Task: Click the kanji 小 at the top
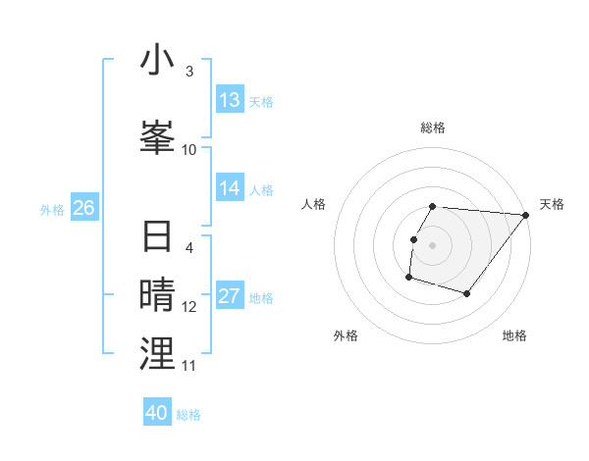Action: pos(157,61)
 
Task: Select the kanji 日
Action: pos(157,238)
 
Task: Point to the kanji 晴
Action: pos(157,293)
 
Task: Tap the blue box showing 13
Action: pos(230,100)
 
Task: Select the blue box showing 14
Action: pos(230,188)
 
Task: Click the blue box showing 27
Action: pos(230,296)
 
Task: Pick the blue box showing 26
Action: pos(83,208)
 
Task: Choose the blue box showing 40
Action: pos(157,413)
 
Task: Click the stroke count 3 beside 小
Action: pos(188,72)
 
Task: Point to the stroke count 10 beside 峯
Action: pos(189,149)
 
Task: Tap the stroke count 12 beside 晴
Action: pos(189,307)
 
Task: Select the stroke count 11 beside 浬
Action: pos(189,365)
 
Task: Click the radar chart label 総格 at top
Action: pos(433,128)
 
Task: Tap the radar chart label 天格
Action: pos(552,204)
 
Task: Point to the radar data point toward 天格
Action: pos(525,216)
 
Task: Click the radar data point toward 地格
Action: pos(467,293)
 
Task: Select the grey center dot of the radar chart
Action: pos(433,245)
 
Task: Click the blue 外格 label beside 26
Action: pos(52,209)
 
